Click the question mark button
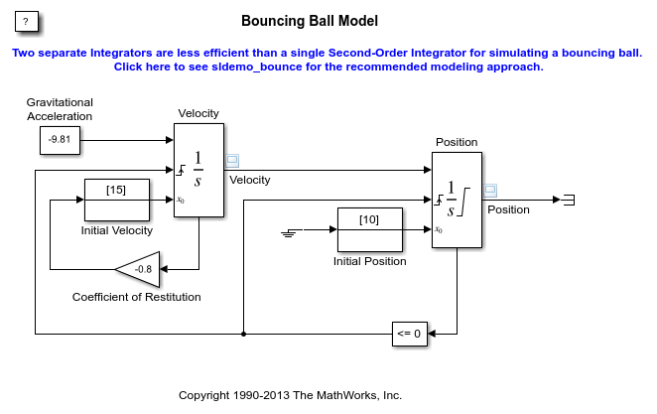point(27,21)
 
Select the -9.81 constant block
point(60,140)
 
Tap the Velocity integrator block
point(198,169)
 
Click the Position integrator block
point(457,199)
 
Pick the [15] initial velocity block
point(116,200)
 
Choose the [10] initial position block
point(369,229)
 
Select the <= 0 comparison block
point(410,334)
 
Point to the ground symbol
point(291,231)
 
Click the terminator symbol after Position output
point(568,200)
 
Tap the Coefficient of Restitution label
point(137,297)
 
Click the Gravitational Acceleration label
point(60,109)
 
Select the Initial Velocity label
point(117,230)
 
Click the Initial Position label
point(369,261)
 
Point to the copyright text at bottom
point(290,395)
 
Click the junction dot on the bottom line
point(244,334)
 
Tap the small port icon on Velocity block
point(232,159)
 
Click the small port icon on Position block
point(489,189)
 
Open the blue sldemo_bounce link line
point(328,68)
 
